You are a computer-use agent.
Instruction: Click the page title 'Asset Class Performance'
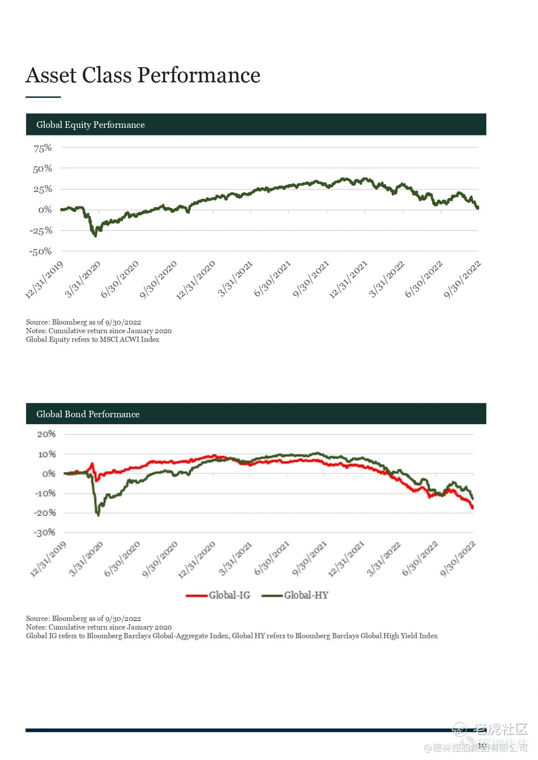[x=143, y=75]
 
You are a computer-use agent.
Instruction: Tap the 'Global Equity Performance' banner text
[x=90, y=125]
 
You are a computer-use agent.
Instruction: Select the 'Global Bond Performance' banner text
[x=88, y=414]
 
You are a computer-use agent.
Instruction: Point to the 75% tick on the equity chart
[x=42, y=148]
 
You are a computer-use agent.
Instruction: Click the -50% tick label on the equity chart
[x=40, y=251]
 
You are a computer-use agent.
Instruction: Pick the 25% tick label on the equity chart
[x=42, y=189]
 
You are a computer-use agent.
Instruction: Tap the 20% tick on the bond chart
[x=46, y=434]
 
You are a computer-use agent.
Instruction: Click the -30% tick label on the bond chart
[x=45, y=533]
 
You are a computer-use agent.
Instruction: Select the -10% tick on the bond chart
[x=45, y=494]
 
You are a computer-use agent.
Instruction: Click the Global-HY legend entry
[x=295, y=595]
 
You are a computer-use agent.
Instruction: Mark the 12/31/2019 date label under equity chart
[x=44, y=280]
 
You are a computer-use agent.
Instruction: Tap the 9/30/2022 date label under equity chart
[x=463, y=280]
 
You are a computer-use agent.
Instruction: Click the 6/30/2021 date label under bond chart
[x=272, y=559]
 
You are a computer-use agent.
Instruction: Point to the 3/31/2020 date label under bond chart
[x=86, y=559]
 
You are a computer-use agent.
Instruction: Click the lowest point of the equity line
[x=95, y=235]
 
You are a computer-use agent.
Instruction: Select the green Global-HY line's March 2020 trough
[x=98, y=515]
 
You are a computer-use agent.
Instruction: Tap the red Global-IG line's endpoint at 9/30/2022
[x=472, y=507]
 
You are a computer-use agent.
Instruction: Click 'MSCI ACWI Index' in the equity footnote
[x=129, y=340]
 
